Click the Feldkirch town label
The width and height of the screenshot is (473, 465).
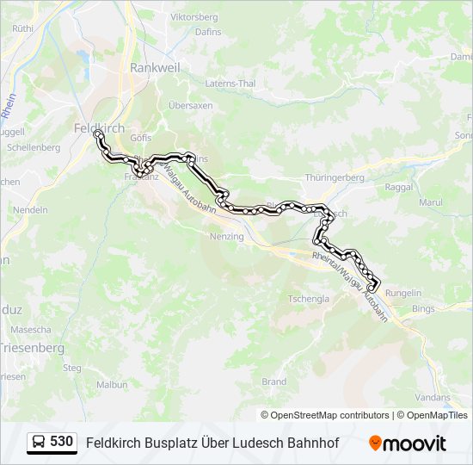[x=100, y=127]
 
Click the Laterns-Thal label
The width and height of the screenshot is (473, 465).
[x=230, y=84]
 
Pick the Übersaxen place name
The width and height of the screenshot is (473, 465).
[x=190, y=105]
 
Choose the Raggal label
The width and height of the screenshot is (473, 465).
[x=400, y=186]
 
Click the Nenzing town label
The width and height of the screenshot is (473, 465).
[x=227, y=236]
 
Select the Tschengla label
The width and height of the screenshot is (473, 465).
[x=309, y=299]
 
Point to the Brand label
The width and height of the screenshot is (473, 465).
[x=273, y=381]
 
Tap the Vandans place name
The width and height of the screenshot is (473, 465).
[x=433, y=397]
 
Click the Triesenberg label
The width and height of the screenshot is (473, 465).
[x=33, y=348]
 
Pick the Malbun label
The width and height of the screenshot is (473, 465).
[x=112, y=385]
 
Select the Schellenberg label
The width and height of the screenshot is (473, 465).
[x=34, y=147]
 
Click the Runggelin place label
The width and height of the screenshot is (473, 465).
[x=403, y=293]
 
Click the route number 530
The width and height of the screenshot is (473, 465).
[x=61, y=442]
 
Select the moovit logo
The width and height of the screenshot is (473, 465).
[x=408, y=443]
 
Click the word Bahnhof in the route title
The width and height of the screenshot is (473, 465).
[x=312, y=443]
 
